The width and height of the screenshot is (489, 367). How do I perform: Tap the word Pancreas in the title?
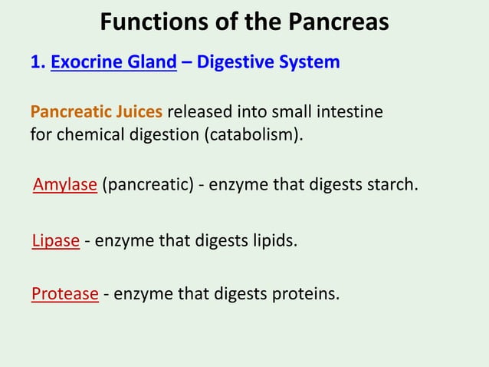click(336, 22)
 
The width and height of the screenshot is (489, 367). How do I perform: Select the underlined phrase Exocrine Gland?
click(113, 62)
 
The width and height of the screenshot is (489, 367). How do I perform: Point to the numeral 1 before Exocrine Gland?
click(35, 62)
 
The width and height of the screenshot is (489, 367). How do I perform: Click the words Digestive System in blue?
click(268, 62)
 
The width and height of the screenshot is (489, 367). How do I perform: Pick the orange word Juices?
click(138, 112)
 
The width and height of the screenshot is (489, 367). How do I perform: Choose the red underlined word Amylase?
click(65, 185)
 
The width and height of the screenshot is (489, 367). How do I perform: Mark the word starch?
click(392, 185)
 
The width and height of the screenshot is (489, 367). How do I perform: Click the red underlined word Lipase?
click(56, 240)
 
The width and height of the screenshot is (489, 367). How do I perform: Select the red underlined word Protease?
click(65, 293)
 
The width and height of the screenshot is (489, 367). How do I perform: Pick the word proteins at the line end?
click(307, 293)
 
